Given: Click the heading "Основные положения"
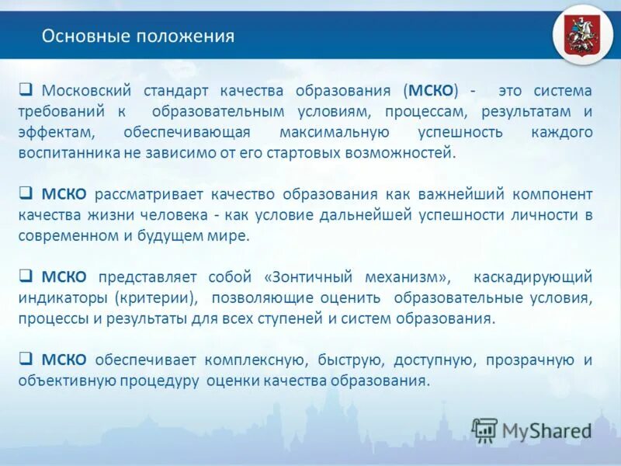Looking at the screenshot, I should coord(137,37).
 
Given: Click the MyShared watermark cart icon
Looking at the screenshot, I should coord(484,429).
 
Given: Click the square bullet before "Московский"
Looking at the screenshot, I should coord(25,90).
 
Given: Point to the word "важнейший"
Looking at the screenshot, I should coord(443,194).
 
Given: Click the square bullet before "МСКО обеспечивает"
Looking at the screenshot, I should coord(25,360).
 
